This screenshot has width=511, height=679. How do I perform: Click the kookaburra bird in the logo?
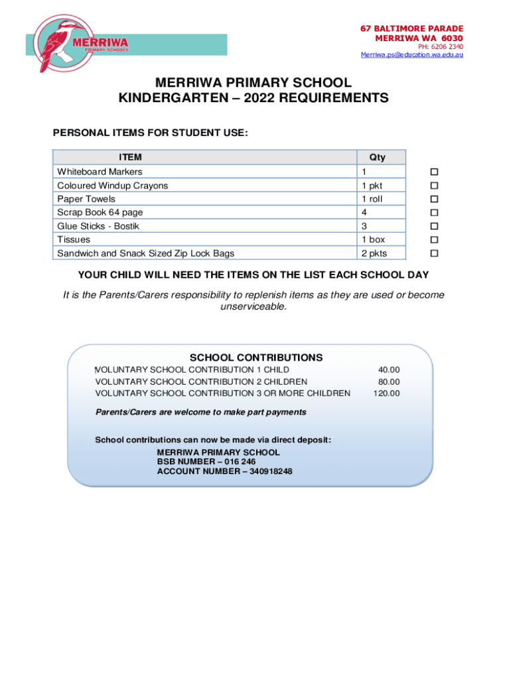click(x=56, y=45)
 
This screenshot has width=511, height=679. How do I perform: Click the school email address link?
click(x=411, y=54)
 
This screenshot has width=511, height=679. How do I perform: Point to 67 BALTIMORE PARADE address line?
click(x=411, y=29)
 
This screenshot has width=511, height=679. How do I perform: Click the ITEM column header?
click(x=130, y=157)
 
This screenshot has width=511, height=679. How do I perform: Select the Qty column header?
click(x=377, y=157)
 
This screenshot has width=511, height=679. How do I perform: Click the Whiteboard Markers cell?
click(x=100, y=172)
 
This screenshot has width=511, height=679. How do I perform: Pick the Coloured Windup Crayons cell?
click(x=112, y=186)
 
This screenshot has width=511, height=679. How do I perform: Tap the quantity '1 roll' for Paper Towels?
click(x=372, y=199)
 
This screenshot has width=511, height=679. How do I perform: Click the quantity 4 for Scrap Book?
click(x=364, y=212)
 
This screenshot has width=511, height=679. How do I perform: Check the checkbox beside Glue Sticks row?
click(x=435, y=226)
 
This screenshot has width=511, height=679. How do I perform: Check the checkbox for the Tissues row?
click(x=435, y=239)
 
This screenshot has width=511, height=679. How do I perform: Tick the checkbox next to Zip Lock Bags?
click(x=435, y=253)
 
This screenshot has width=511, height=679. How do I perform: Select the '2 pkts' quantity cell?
click(x=374, y=253)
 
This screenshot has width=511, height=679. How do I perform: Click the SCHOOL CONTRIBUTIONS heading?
click(x=256, y=357)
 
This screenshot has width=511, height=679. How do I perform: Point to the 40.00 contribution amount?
click(x=389, y=370)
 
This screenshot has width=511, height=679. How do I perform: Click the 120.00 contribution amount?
click(x=386, y=393)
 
